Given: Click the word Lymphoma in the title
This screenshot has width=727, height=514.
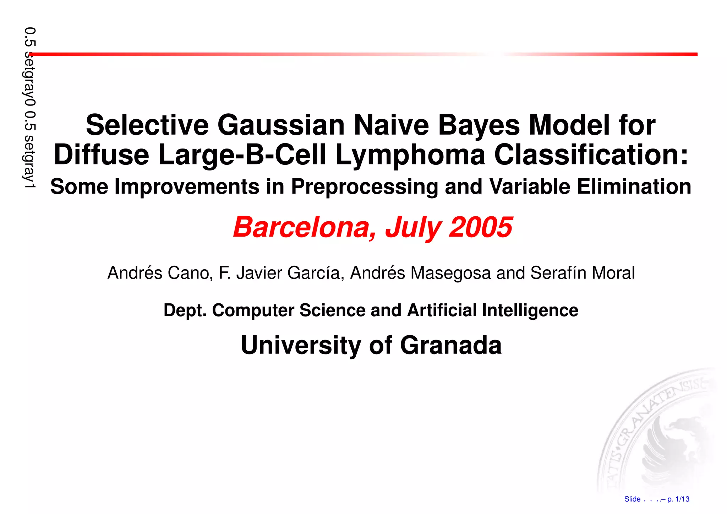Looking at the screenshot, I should pos(410,155).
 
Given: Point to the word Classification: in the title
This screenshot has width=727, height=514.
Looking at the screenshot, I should pos(591,155).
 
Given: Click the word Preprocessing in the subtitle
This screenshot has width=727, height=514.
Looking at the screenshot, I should pos(365,187).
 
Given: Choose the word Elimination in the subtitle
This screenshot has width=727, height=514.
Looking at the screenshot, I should pos(634,187).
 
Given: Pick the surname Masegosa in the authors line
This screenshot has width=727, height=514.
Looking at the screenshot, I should pos(450,273).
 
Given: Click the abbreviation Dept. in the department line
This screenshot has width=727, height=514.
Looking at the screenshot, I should pos(185,310).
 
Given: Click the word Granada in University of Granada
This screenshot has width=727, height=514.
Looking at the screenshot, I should pos(450,345).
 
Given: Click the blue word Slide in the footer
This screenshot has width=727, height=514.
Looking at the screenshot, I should pos(632,499).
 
